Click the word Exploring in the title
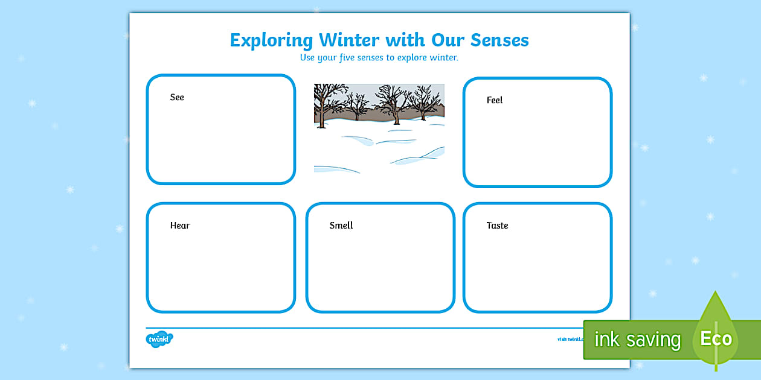click(271, 40)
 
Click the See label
click(177, 97)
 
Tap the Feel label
click(495, 100)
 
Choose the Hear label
click(180, 226)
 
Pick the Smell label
click(341, 226)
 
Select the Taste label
click(498, 226)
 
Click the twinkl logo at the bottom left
click(159, 340)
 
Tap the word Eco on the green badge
click(716, 338)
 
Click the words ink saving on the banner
click(637, 340)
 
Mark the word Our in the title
click(448, 40)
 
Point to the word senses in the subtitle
click(382, 58)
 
